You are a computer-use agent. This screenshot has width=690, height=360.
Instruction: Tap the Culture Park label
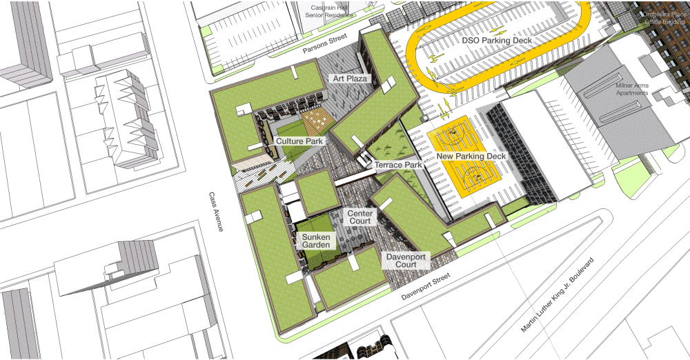tap(299, 141)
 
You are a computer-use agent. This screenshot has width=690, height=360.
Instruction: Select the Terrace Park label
tap(398, 166)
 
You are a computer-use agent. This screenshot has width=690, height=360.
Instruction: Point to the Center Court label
tap(360, 217)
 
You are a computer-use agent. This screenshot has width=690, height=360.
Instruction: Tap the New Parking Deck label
tap(471, 157)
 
